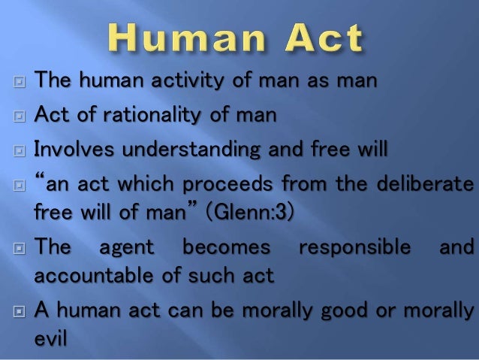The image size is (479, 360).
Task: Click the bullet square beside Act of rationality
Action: click(18, 114)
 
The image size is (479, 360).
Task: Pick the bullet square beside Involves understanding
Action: click(18, 150)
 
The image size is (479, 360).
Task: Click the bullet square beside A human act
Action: click(18, 312)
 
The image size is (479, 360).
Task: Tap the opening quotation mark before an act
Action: click(40, 182)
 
